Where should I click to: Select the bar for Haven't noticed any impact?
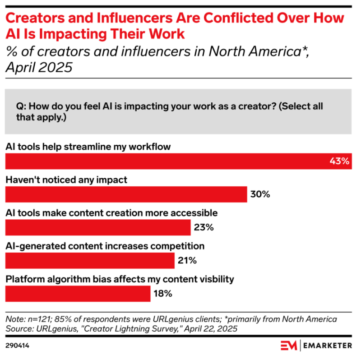pos(126,194)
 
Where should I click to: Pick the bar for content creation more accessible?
pos(97,227)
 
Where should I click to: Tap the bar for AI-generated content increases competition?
pos(89,261)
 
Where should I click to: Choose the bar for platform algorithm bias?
pos(78,294)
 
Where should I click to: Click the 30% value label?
pos(259,194)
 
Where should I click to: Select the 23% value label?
pos(203,227)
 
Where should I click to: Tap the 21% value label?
pos(186,261)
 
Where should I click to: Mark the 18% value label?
pos(162,294)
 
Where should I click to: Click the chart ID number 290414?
pos(18,346)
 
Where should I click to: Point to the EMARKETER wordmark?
pos(328,346)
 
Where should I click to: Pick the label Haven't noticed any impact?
pos(66,180)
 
